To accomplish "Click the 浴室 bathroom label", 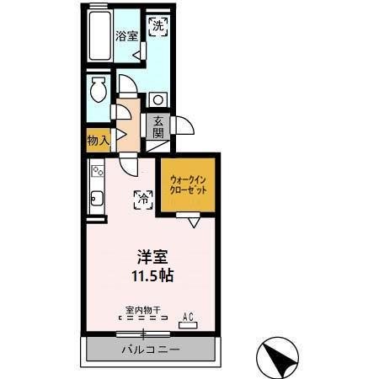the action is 126,36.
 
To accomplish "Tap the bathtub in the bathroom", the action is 99,35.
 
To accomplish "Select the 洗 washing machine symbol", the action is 158,27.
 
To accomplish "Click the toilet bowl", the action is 98,89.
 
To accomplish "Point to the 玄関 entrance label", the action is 158,126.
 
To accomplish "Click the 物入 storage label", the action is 98,140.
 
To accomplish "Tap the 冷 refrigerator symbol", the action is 143,200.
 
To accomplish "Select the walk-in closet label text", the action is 188,185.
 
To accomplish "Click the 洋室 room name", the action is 152,257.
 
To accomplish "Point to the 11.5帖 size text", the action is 152,275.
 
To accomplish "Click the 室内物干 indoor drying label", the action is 143,310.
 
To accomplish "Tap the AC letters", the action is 188,317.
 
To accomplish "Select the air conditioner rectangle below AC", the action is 188,325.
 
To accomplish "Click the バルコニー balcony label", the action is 151,350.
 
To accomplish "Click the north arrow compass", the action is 277,358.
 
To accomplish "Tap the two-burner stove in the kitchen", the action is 98,171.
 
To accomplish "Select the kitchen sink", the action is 98,199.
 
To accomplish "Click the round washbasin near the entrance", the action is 158,99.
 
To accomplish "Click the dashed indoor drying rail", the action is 143,318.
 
